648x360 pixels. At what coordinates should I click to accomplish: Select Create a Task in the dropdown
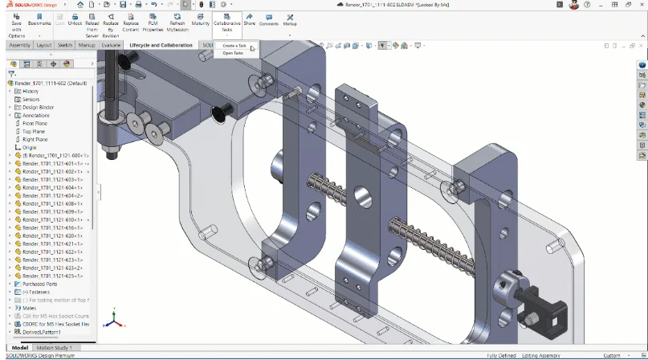click(x=234, y=46)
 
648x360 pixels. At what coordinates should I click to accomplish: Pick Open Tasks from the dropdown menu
click(x=233, y=53)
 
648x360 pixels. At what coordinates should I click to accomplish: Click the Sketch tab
click(x=65, y=45)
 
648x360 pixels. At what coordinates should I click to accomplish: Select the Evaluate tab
click(x=111, y=45)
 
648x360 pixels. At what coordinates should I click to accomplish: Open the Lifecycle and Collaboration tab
click(x=161, y=45)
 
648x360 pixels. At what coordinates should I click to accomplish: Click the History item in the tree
click(x=31, y=91)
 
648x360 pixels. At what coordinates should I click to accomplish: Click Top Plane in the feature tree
click(x=33, y=131)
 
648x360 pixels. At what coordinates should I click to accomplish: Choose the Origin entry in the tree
click(x=30, y=148)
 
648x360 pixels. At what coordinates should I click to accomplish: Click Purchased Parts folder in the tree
click(x=40, y=283)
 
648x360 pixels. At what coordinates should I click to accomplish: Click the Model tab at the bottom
click(x=19, y=347)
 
